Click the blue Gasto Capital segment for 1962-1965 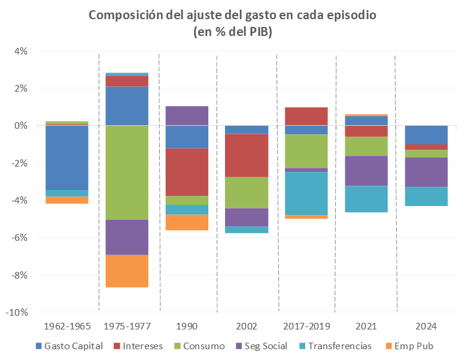(67, 158)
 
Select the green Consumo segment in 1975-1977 (127, 173)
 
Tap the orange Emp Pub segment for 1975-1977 (127, 271)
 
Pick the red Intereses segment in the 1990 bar (187, 172)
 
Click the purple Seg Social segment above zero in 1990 (187, 116)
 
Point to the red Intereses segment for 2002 (247, 155)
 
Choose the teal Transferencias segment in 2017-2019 (306, 193)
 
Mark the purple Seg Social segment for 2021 (366, 171)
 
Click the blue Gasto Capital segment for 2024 (426, 135)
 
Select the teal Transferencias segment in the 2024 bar (426, 196)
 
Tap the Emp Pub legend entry (414, 346)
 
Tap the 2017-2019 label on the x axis (306, 326)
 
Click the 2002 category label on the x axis (247, 326)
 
